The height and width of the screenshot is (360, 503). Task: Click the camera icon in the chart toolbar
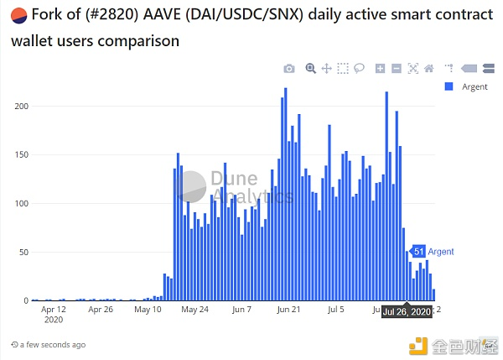coord(289,69)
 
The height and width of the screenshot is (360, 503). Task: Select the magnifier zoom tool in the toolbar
coord(310,69)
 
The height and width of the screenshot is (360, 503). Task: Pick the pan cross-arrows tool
coord(326,69)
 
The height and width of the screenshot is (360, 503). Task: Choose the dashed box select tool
coord(342,69)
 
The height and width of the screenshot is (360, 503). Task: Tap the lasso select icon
coord(359,69)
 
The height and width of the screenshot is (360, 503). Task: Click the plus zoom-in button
coord(380,69)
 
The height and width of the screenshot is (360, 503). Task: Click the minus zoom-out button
coord(396,69)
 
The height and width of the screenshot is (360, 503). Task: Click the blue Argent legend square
coord(449,86)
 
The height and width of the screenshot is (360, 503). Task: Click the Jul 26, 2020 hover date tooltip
coord(407,311)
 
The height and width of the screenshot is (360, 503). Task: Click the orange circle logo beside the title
coord(16,14)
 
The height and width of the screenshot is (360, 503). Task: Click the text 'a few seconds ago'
coord(53,345)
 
